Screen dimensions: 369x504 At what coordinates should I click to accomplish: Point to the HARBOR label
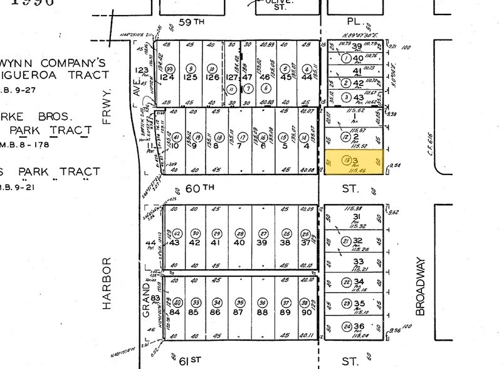tap(107, 282)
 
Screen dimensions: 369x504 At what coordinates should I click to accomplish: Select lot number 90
tap(307, 313)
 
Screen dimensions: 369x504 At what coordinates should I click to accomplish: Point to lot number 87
tap(238, 313)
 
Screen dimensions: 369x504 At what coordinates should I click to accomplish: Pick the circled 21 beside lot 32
tap(345, 241)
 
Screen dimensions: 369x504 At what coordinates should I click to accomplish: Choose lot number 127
tap(231, 78)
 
